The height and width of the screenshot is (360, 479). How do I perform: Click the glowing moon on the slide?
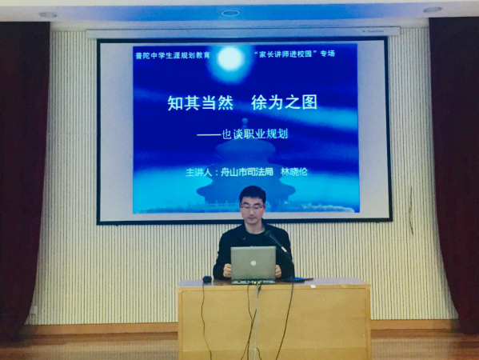pos(230,58)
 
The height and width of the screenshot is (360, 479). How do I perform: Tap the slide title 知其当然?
pos(201,102)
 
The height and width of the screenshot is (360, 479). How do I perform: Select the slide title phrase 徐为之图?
pos(284,102)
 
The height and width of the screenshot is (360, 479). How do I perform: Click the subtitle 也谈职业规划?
pos(254,134)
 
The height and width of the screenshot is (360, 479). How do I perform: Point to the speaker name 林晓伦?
pos(293,172)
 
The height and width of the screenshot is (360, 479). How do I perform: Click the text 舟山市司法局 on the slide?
pos(247,172)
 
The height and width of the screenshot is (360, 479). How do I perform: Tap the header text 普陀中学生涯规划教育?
pos(173,56)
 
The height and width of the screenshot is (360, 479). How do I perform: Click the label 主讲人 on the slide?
pos(199,173)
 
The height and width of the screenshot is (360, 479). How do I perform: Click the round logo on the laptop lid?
pos(253,263)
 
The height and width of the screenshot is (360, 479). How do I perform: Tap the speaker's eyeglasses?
pos(252,207)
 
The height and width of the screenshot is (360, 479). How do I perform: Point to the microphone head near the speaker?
pos(269,234)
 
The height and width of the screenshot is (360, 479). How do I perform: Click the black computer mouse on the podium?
pos(207,279)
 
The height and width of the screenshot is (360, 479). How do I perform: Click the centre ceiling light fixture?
pos(230,13)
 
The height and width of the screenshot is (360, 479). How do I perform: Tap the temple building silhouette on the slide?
pos(246,171)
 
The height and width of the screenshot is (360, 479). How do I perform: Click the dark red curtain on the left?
pos(22,178)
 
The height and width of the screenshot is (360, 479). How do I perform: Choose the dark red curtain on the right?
pos(455,171)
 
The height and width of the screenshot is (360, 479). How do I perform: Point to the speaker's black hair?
pos(253,193)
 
